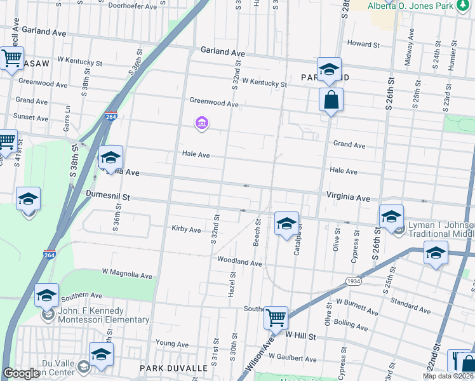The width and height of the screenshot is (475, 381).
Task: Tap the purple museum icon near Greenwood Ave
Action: click(x=202, y=123)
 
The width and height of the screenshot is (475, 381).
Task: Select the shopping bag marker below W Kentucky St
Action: click(x=331, y=100)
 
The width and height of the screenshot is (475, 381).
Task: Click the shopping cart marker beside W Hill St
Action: click(x=276, y=317)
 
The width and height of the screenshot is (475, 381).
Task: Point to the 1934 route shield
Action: click(x=354, y=281)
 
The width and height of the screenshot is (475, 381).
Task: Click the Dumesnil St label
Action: click(x=108, y=197)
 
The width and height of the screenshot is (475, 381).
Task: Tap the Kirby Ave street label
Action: click(x=186, y=229)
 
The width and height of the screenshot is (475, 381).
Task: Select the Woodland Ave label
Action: click(x=239, y=262)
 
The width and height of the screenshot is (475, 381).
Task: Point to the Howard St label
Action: click(x=363, y=44)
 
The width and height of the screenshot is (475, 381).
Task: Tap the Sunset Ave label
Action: click(x=32, y=118)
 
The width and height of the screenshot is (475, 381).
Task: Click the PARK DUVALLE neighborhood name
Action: click(x=173, y=368)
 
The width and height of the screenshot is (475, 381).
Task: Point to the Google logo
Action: click(x=21, y=373)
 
